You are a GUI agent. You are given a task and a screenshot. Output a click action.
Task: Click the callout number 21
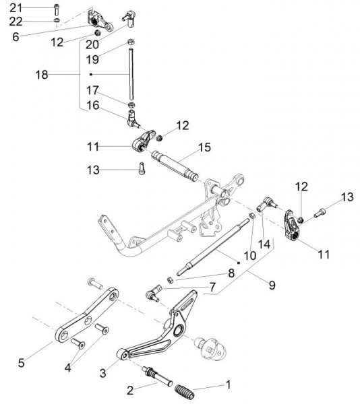click(16, 7)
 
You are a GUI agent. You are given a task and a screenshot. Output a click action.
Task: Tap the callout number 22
click(16, 22)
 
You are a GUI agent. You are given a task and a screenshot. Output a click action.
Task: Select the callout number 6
click(16, 37)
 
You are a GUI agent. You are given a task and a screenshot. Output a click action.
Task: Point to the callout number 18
click(42, 75)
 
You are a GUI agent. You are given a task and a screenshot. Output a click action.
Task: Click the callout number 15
click(204, 147)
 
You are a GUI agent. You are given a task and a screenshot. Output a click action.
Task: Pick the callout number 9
click(272, 285)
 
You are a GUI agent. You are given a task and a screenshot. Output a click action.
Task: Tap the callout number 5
click(21, 363)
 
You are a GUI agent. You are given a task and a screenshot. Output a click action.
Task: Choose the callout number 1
click(228, 385)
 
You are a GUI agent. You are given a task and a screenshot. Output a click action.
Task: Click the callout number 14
click(264, 244)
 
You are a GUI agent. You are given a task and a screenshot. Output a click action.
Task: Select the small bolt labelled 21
click(57, 9)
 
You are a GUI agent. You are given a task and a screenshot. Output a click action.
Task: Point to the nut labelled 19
click(131, 42)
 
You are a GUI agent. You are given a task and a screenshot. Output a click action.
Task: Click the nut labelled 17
click(131, 105)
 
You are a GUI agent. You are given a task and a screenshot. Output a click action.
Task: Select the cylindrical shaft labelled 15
click(175, 166)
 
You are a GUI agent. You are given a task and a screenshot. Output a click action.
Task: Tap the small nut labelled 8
click(169, 280)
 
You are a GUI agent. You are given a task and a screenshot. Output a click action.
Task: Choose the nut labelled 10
click(252, 215)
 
